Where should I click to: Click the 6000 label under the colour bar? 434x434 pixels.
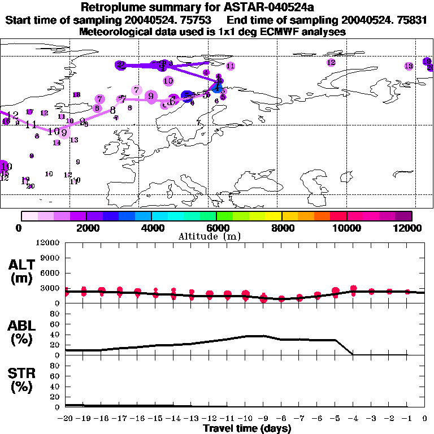(216, 228)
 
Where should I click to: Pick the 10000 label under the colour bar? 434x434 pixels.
(347, 228)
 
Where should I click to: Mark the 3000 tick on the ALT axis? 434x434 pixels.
(51, 288)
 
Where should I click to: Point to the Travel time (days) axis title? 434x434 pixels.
(247, 428)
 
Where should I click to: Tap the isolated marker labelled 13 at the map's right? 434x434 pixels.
(409, 67)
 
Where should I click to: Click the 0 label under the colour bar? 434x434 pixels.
(20, 228)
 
